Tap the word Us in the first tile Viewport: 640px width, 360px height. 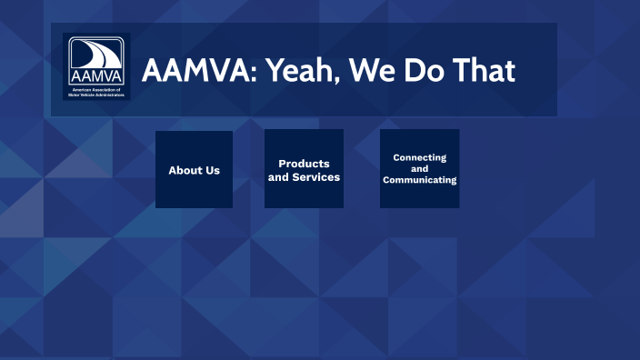[x=212, y=170]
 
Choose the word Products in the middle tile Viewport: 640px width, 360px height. [x=304, y=164]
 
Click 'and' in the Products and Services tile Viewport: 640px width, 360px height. [x=278, y=177]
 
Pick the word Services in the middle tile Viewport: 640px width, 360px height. [x=316, y=177]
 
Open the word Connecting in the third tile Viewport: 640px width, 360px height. [x=419, y=157]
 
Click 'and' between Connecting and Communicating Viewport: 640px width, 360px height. [x=419, y=169]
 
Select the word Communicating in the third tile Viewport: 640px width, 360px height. [x=419, y=180]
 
